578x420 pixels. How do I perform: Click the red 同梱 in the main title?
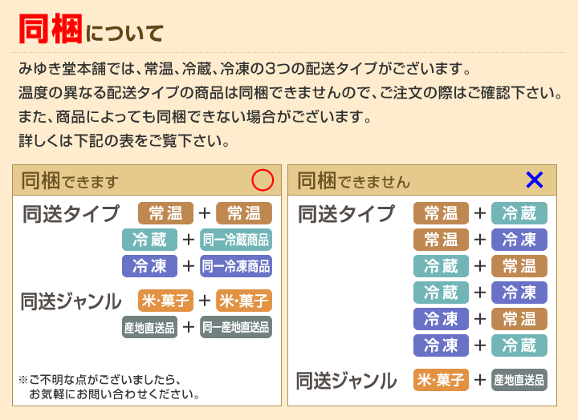tap(51, 29)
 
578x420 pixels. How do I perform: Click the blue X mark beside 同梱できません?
tap(535, 180)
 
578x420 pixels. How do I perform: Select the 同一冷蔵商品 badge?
tap(236, 240)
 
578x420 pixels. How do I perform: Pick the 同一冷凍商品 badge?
tap(236, 266)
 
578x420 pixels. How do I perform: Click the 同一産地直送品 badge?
tap(236, 327)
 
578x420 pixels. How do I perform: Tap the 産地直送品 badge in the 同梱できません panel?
tap(519, 380)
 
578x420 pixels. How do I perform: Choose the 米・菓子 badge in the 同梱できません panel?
tap(441, 380)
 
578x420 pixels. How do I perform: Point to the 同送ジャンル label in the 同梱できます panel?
tap(71, 301)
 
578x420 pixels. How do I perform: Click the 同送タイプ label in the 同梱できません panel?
tap(347, 213)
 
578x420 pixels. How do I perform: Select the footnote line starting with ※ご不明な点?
tap(100, 379)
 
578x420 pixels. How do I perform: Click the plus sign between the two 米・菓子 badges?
tap(204, 301)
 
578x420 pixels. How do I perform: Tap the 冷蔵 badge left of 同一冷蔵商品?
tap(149, 240)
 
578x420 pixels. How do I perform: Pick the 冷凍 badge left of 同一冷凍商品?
tap(149, 266)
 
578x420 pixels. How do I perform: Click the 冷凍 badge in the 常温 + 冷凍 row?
tap(519, 240)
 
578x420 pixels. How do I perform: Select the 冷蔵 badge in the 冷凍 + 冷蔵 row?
tap(519, 345)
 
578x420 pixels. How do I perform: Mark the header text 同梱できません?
tap(353, 180)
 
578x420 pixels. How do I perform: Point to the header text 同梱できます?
tap(70, 180)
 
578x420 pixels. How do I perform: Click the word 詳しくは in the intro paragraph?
tap(46, 141)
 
